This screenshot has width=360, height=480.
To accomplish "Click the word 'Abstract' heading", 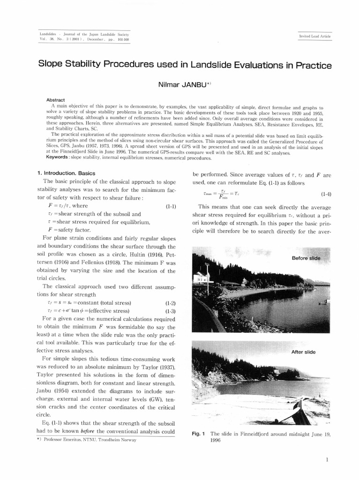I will (x=55, y=100).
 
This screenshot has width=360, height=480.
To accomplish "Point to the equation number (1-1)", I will (x=170, y=206).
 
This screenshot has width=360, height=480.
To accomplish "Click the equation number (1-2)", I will (x=170, y=303).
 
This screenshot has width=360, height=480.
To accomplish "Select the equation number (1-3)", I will (x=170, y=310).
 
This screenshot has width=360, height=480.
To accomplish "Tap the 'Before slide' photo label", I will (x=306, y=258).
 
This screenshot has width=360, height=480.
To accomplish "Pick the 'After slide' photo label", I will (x=303, y=352).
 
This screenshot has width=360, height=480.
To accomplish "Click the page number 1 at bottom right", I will (x=326, y=460).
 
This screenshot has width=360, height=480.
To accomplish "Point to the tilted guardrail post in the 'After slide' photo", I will (x=296, y=409).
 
